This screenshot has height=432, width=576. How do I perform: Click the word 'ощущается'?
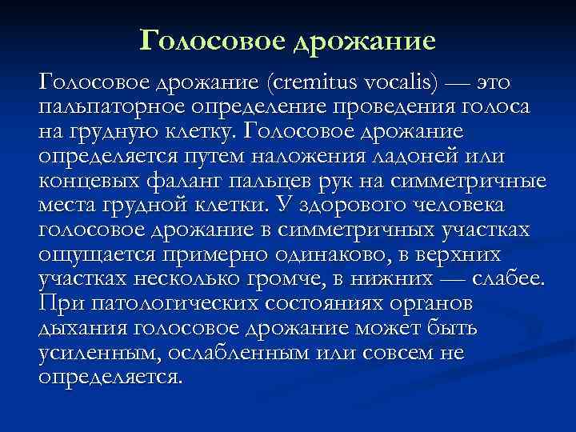97,255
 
